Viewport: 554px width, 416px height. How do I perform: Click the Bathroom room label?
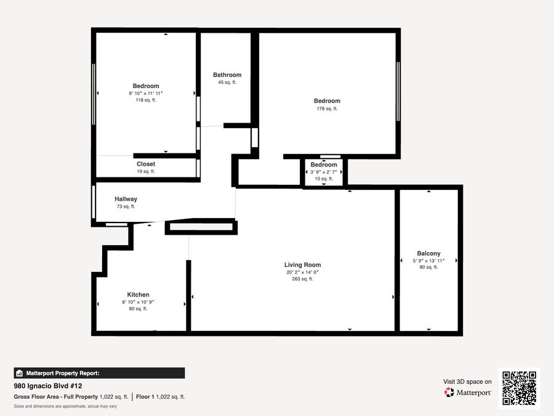(227, 75)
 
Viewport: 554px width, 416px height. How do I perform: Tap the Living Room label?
(302, 265)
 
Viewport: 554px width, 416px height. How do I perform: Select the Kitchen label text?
(138, 295)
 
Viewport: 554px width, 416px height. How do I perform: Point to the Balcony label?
(428, 253)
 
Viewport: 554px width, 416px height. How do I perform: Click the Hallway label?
(126, 199)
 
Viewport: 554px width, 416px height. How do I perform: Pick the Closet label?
(146, 164)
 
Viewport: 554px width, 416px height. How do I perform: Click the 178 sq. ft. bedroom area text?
(327, 108)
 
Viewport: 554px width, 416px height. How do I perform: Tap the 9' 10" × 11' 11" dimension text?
(145, 94)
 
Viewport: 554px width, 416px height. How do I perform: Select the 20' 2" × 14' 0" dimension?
(302, 272)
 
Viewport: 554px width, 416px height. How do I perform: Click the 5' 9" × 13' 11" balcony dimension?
(428, 261)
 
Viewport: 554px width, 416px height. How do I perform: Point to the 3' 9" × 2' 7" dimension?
(324, 172)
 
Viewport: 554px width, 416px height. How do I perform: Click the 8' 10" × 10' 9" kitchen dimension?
(138, 302)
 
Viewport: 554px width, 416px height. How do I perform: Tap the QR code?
(520, 388)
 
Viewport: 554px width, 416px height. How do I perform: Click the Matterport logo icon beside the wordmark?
(449, 393)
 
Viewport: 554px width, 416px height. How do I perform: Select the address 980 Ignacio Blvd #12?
(48, 386)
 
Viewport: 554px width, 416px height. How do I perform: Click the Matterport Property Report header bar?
(99, 373)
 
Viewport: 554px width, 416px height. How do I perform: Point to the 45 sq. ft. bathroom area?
(227, 83)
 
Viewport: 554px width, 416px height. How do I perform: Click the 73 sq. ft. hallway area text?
(126, 206)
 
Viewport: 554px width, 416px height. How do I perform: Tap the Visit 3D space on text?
(467, 381)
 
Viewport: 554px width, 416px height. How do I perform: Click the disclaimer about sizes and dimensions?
(65, 407)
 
